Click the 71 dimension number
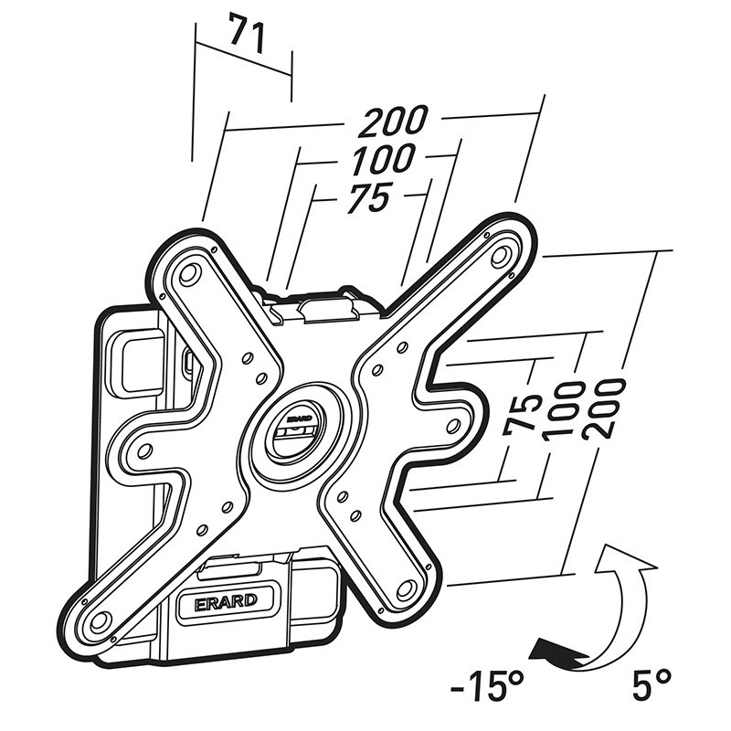[248, 33]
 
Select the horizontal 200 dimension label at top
[393, 122]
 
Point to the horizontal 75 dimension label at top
[369, 197]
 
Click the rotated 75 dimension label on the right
[522, 415]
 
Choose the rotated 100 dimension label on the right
[563, 411]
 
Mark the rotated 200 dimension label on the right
[603, 408]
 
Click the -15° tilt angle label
[487, 685]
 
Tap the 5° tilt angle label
[652, 683]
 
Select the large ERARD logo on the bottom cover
[226, 601]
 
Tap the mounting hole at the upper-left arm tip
[189, 274]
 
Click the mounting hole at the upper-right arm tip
[500, 256]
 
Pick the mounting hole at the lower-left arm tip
[100, 620]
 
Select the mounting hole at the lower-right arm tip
[406, 588]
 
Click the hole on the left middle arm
[145, 450]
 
